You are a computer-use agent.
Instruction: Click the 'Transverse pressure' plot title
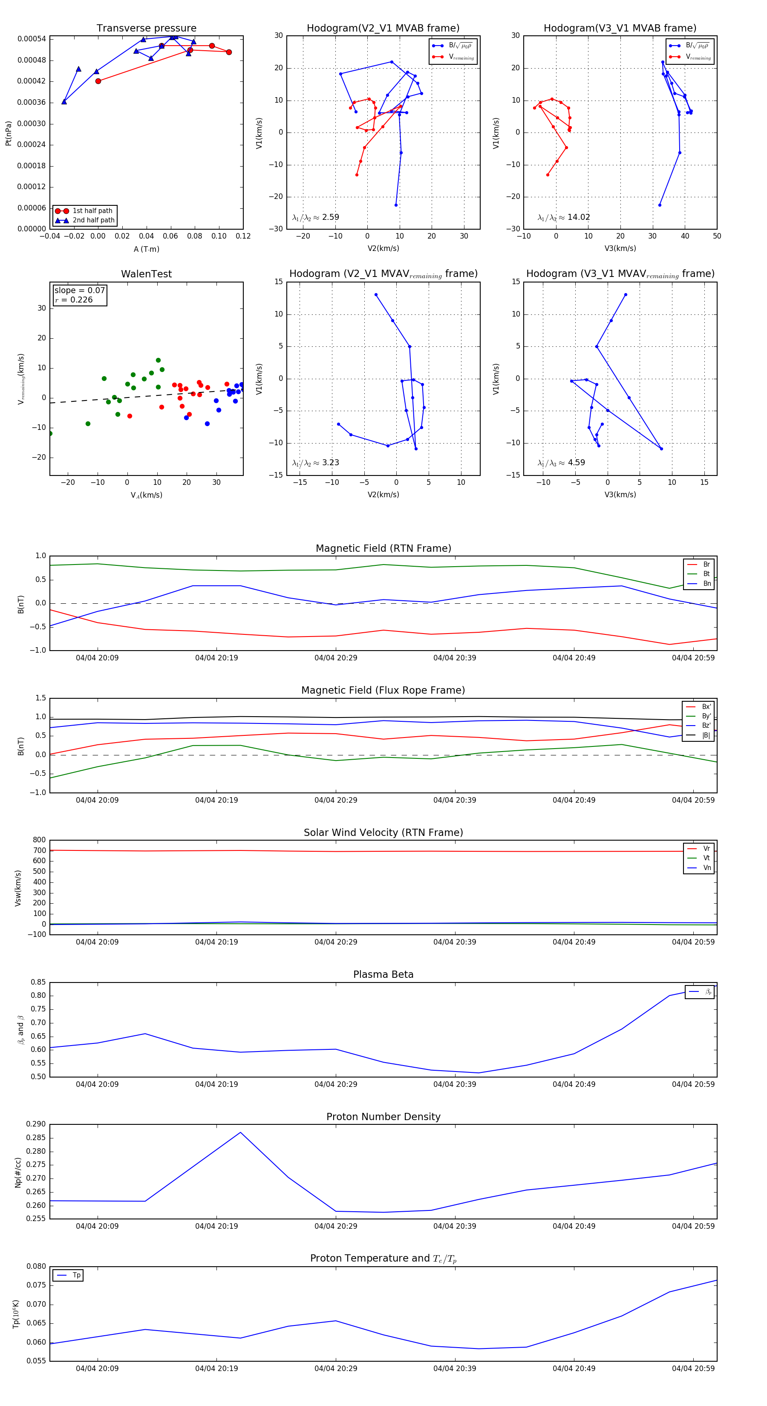point(146,29)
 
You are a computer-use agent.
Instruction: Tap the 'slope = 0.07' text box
point(80,291)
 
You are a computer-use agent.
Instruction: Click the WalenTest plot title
point(146,274)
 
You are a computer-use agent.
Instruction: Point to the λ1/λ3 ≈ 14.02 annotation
point(563,217)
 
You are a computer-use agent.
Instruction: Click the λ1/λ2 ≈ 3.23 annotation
point(315,463)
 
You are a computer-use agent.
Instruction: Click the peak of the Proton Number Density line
point(240,1132)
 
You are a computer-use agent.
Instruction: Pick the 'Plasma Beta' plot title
point(383,974)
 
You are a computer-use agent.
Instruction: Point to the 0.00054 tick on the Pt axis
point(32,39)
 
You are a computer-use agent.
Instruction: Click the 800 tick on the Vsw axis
point(39,840)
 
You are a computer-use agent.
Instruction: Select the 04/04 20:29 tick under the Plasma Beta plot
point(336,1084)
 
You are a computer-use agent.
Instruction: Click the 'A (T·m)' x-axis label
point(146,249)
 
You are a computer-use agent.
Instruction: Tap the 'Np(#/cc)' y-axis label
point(18,1173)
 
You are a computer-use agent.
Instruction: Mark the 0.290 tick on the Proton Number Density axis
point(36,1124)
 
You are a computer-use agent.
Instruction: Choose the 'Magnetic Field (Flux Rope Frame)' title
point(383,691)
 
